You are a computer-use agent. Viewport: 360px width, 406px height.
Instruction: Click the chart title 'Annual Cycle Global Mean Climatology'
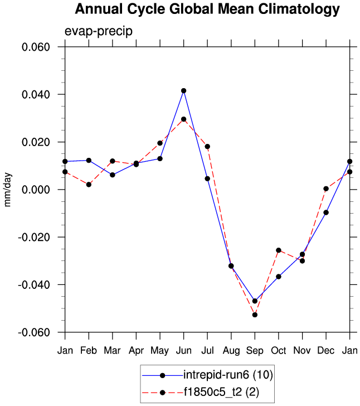click(207, 9)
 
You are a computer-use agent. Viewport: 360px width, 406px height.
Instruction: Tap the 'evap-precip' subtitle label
click(99, 31)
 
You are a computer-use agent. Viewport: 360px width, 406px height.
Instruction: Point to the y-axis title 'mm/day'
click(8, 190)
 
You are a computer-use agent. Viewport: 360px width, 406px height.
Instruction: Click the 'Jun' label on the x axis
click(183, 350)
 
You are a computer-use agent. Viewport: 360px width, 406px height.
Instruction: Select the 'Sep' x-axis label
click(255, 350)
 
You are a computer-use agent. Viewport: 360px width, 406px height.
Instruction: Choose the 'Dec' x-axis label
click(325, 350)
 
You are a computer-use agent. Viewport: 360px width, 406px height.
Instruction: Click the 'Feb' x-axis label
click(89, 350)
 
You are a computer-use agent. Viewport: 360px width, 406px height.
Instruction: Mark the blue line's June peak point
click(183, 90)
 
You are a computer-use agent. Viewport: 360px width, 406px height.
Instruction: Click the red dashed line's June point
click(183, 119)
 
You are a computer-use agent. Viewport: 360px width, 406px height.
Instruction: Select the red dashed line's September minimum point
click(255, 315)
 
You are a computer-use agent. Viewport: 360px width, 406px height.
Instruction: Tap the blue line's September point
click(255, 301)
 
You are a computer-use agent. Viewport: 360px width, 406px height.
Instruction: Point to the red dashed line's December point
click(326, 188)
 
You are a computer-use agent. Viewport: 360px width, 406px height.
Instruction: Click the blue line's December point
click(326, 212)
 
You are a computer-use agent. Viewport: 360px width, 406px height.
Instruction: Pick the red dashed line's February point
click(89, 185)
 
